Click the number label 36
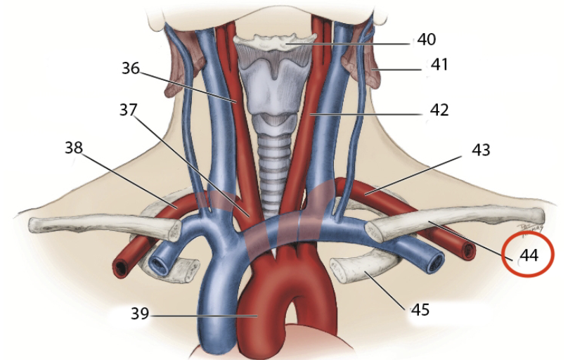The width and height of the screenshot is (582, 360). [x=130, y=69]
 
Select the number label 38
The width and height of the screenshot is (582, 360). [x=75, y=148]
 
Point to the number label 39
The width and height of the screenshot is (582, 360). [x=140, y=314]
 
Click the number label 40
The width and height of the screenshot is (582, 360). [x=426, y=39]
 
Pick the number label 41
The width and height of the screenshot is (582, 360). [x=439, y=65]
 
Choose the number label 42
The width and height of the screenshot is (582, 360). [x=439, y=110]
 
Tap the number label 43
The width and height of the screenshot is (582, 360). [x=480, y=150]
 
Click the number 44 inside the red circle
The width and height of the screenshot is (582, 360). [x=529, y=256]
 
